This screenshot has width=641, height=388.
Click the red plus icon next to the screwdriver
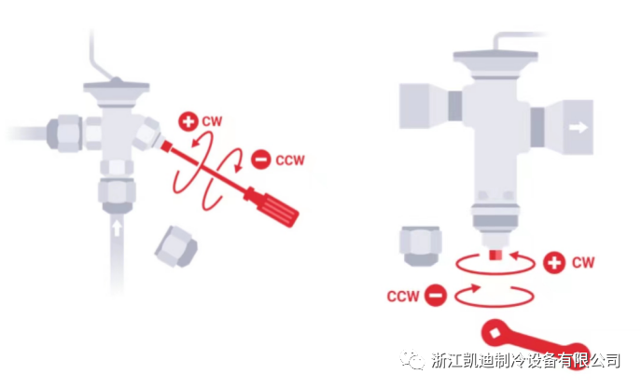tap(188, 122)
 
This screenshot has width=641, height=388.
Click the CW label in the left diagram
tap(212, 122)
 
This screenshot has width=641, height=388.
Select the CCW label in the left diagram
tap(289, 159)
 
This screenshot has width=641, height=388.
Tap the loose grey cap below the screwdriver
tap(176, 246)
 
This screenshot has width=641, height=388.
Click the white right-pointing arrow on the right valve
tap(578, 129)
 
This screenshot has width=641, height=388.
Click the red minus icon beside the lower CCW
tap(435, 298)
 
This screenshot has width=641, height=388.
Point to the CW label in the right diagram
tap(583, 262)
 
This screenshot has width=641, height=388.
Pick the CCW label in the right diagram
tap(402, 298)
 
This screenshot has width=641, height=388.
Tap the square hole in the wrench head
tap(492, 329)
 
